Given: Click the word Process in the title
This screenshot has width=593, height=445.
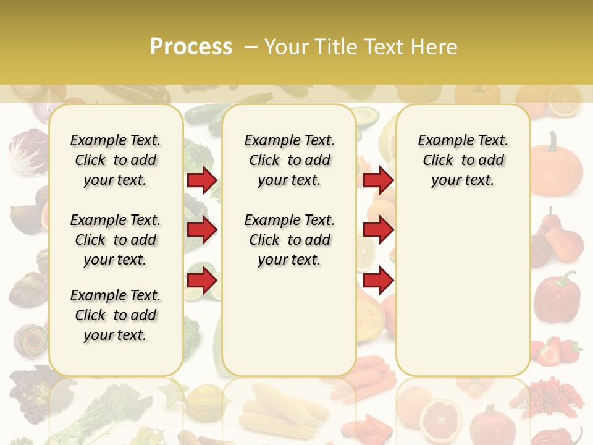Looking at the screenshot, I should [x=191, y=46].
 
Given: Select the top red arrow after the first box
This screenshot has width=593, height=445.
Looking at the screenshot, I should [x=202, y=180].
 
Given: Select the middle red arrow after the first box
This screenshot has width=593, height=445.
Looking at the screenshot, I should [x=202, y=230].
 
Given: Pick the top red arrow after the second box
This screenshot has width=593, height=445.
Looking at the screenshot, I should [x=378, y=180].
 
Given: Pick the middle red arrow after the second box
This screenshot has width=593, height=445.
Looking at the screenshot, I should [x=378, y=230].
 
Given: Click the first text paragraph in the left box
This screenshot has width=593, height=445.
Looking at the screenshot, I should [x=116, y=160].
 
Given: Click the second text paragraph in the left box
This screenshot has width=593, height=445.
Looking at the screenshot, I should [x=116, y=240].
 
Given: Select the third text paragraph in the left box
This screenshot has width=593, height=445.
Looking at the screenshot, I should [x=116, y=315].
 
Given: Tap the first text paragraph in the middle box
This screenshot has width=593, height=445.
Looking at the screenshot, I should [x=289, y=160].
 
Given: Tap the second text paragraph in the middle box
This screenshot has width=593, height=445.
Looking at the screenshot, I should [x=289, y=240].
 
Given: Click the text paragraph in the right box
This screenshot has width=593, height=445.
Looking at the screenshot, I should [x=463, y=160].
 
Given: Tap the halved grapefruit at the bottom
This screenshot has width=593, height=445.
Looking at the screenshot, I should [x=440, y=416].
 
